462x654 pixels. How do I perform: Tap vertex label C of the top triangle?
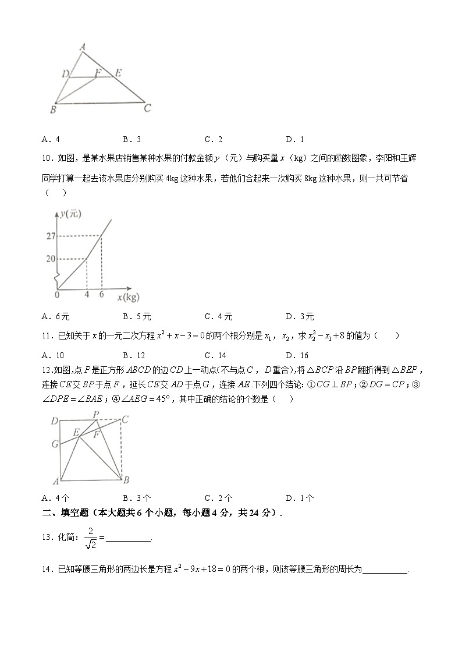(148, 108)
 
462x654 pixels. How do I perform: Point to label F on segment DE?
(98, 73)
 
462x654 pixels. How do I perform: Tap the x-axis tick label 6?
(101, 295)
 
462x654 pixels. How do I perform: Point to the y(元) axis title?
(70, 214)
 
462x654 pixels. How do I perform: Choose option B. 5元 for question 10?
(137, 317)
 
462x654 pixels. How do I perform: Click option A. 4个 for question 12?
(56, 498)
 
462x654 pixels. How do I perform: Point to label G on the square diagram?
(54, 444)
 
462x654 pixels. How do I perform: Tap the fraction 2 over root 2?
(90, 538)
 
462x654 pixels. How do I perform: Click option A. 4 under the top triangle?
(51, 139)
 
